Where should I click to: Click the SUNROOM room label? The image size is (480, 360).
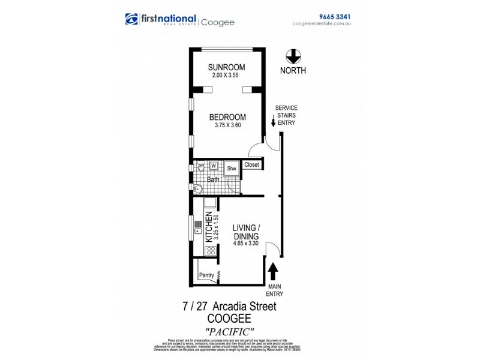(227, 67)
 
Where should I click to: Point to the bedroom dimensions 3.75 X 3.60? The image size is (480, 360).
(227, 125)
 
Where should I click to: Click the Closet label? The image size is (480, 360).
(251, 164)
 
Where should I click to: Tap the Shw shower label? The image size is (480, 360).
(232, 170)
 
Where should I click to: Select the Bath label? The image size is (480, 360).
(213, 179)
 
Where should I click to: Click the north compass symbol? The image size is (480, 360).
(293, 56)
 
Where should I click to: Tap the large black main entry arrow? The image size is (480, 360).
(274, 271)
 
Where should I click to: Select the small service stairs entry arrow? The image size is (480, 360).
(274, 123)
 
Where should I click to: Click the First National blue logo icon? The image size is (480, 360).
(131, 20)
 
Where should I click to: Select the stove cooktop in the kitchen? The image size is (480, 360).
(211, 251)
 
